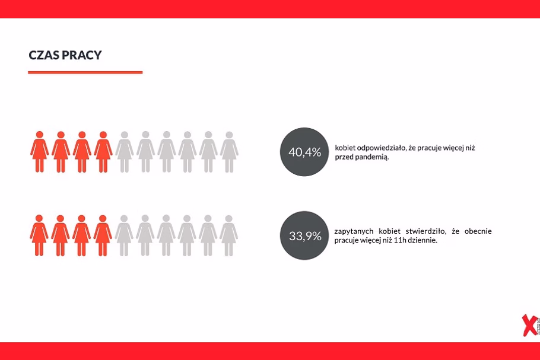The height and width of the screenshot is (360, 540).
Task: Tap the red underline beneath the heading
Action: pyautogui.click(x=85, y=72)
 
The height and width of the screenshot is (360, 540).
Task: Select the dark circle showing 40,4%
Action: pyautogui.click(x=304, y=152)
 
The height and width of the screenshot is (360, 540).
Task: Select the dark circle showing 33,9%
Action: pyautogui.click(x=304, y=235)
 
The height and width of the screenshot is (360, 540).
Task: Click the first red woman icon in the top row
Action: pyautogui.click(x=40, y=152)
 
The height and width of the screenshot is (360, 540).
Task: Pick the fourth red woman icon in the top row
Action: pyautogui.click(x=103, y=152)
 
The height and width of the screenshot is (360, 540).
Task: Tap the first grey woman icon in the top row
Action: pyautogui.click(x=125, y=152)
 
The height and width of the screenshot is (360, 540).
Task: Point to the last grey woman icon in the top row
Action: pyautogui.click(x=230, y=152)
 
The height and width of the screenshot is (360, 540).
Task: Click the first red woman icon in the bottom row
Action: pyautogui.click(x=39, y=235)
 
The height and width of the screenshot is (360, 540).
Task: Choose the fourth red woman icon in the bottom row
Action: pyautogui.click(x=102, y=235)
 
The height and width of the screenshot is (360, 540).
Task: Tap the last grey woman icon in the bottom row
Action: pyautogui.click(x=228, y=235)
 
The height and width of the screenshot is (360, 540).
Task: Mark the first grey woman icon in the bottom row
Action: pyautogui.click(x=123, y=235)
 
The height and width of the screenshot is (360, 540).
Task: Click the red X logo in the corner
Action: pyautogui.click(x=529, y=325)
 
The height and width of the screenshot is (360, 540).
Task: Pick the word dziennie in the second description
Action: pyautogui.click(x=423, y=240)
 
